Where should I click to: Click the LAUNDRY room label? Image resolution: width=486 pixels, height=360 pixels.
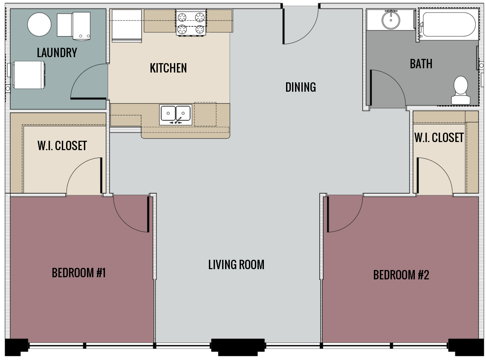[x=57, y=53]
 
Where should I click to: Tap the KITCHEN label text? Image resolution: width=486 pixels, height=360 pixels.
[x=168, y=68]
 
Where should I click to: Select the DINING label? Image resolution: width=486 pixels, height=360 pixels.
[x=301, y=87]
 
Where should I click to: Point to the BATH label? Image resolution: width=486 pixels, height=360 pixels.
[x=421, y=64]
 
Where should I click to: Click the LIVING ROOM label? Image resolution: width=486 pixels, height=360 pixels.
[x=236, y=265]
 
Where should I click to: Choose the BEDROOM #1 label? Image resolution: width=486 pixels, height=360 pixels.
[x=78, y=273]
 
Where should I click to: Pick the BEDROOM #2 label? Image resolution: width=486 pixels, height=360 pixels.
[x=401, y=275]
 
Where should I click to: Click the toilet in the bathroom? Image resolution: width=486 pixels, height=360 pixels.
[x=460, y=90]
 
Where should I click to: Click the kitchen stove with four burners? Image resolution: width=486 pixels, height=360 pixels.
[x=191, y=23]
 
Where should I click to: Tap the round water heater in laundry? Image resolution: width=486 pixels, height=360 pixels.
[x=39, y=24]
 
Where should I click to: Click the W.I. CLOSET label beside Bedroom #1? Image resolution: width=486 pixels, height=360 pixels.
[x=62, y=146]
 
